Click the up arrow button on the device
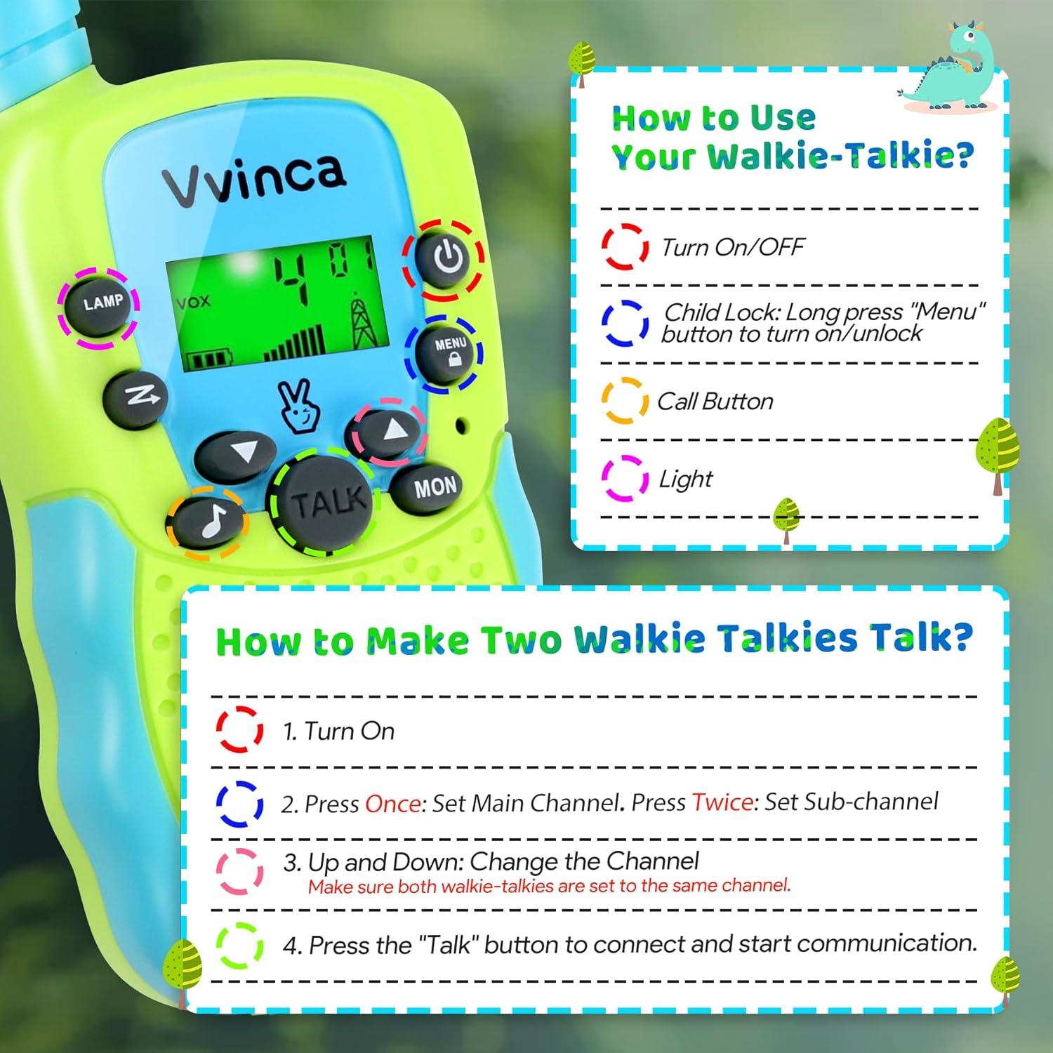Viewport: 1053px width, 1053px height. point(391,430)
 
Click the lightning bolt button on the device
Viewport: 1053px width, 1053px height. point(135,397)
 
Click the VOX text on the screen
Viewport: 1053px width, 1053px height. point(193,302)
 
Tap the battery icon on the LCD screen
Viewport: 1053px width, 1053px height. point(210,360)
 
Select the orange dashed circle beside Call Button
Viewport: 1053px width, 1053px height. point(624,401)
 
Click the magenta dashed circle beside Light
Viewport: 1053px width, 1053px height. point(624,478)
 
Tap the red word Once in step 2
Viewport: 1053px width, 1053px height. point(393,803)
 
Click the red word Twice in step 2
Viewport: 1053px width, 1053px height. point(722,802)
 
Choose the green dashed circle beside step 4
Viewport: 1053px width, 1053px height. point(239,945)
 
